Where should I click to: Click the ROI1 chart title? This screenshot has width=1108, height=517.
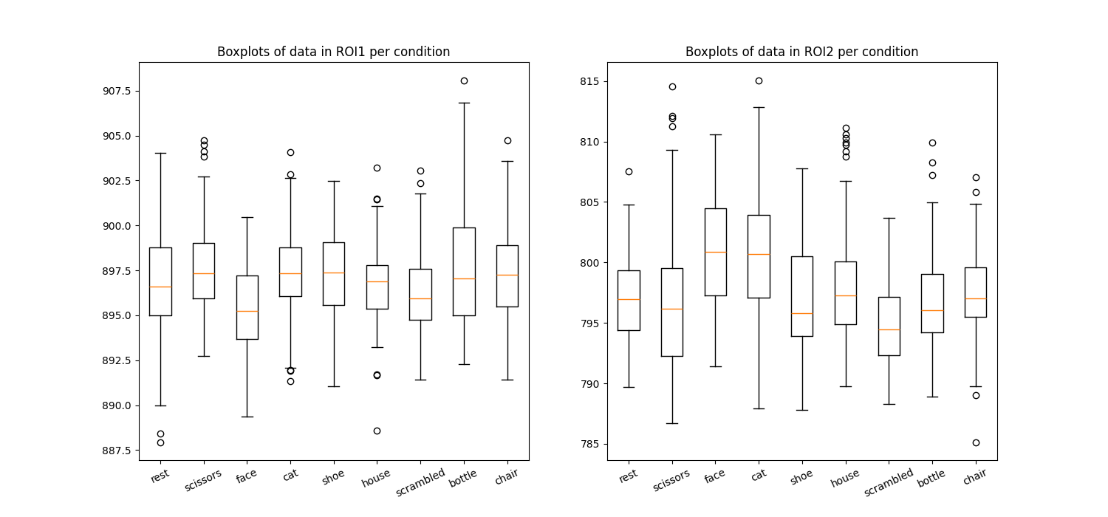[x=333, y=52]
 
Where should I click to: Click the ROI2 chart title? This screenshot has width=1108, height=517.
[x=801, y=52]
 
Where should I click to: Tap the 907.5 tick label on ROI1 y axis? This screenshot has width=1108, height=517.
[x=117, y=91]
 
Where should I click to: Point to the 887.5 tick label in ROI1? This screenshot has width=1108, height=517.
[x=117, y=451]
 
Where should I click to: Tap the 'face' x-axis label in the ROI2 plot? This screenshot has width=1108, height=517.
[x=714, y=477]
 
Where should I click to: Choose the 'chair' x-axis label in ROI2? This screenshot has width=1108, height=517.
[x=975, y=477]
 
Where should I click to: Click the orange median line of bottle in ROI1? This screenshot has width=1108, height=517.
[x=464, y=278]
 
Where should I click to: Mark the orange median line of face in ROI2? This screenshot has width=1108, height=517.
[x=715, y=252]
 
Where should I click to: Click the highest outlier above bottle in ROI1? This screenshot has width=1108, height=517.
[x=464, y=81]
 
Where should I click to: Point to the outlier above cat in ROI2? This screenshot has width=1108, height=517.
[x=759, y=81]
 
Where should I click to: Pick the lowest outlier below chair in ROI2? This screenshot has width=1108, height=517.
[x=976, y=442]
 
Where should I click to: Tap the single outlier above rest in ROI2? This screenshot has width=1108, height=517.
[x=629, y=171]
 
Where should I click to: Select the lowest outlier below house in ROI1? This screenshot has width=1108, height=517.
[x=377, y=431]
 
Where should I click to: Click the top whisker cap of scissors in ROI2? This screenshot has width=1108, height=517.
[x=672, y=150]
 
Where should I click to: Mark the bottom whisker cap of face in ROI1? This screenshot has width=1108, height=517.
[x=247, y=417]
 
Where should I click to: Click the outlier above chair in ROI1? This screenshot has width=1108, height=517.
[x=507, y=140]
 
